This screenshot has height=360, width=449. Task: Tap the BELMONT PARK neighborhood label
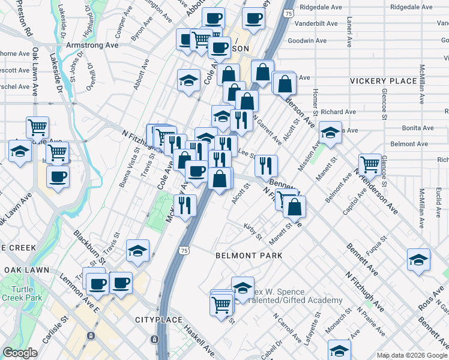tap(249, 256)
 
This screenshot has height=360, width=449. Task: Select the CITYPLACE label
tap(157, 319)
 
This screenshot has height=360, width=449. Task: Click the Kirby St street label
tap(253, 230)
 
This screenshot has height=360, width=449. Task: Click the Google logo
tap(20, 353)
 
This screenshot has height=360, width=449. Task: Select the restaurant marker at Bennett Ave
tap(266, 165)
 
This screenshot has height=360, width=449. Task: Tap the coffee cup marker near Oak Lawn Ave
tap(58, 176)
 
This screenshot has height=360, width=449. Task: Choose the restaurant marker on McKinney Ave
tap(185, 205)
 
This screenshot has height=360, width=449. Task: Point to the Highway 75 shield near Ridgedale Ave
tap(289, 13)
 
